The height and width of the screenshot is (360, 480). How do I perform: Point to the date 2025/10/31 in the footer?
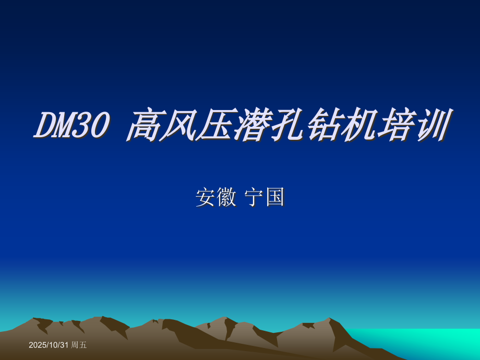point(49,345)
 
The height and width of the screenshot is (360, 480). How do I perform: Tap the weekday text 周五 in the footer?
point(79,345)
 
